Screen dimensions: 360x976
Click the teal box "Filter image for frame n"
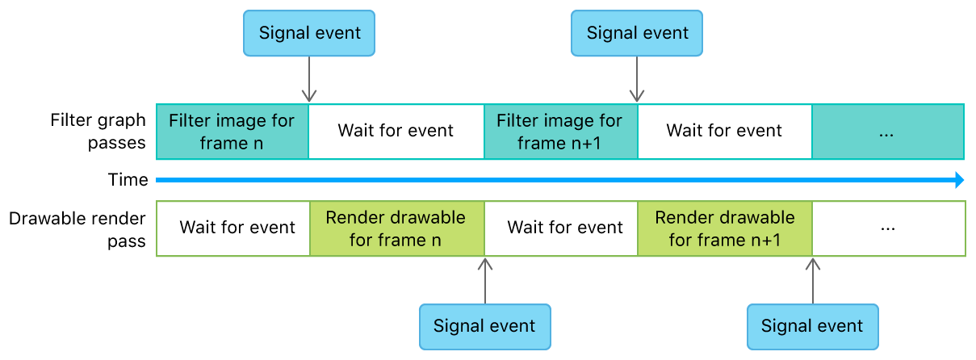(x=232, y=131)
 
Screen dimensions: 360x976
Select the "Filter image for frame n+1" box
(x=559, y=131)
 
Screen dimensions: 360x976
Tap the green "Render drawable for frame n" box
(x=396, y=228)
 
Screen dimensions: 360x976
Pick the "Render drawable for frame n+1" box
(x=724, y=228)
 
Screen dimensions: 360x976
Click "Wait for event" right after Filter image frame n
(x=396, y=131)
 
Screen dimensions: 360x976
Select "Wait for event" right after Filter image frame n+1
(x=724, y=131)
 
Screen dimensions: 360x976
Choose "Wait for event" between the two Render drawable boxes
(x=565, y=228)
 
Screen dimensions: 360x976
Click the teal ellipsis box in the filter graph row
(x=887, y=131)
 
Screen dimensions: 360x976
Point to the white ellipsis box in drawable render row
(x=888, y=228)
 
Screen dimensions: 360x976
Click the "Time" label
(x=128, y=180)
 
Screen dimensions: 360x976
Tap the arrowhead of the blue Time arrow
(x=959, y=180)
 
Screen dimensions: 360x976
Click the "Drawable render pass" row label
(x=77, y=229)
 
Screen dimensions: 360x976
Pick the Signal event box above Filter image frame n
(x=309, y=33)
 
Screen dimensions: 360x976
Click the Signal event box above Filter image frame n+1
(x=637, y=33)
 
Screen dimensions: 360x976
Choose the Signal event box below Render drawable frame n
(x=484, y=326)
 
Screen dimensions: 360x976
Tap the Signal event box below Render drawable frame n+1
(x=812, y=326)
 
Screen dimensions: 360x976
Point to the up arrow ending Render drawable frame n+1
(x=813, y=280)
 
